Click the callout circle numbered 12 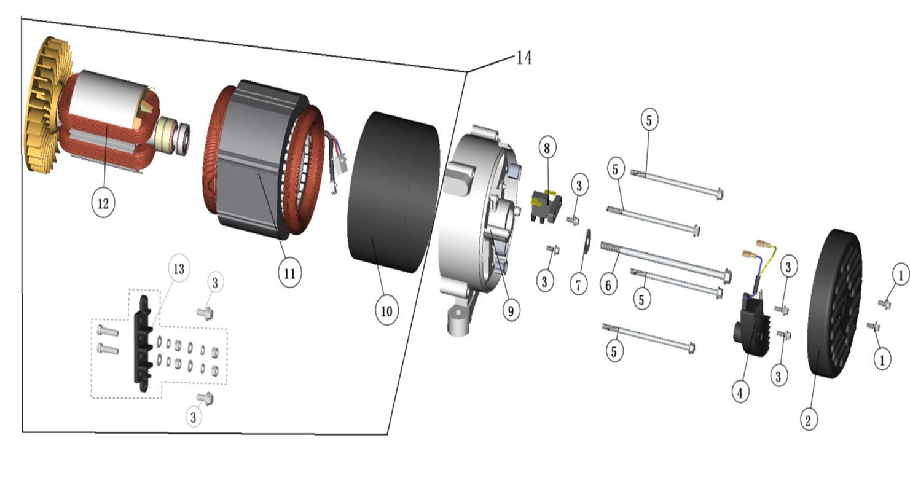click(103, 203)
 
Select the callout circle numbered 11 click(289, 273)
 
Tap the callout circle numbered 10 click(386, 311)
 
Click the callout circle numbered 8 click(547, 148)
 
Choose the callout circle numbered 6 click(608, 284)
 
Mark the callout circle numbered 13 click(179, 269)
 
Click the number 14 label click(524, 58)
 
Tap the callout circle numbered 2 click(809, 420)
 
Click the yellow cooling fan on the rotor click(45, 104)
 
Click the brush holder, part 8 click(545, 205)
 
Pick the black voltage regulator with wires click(749, 323)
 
